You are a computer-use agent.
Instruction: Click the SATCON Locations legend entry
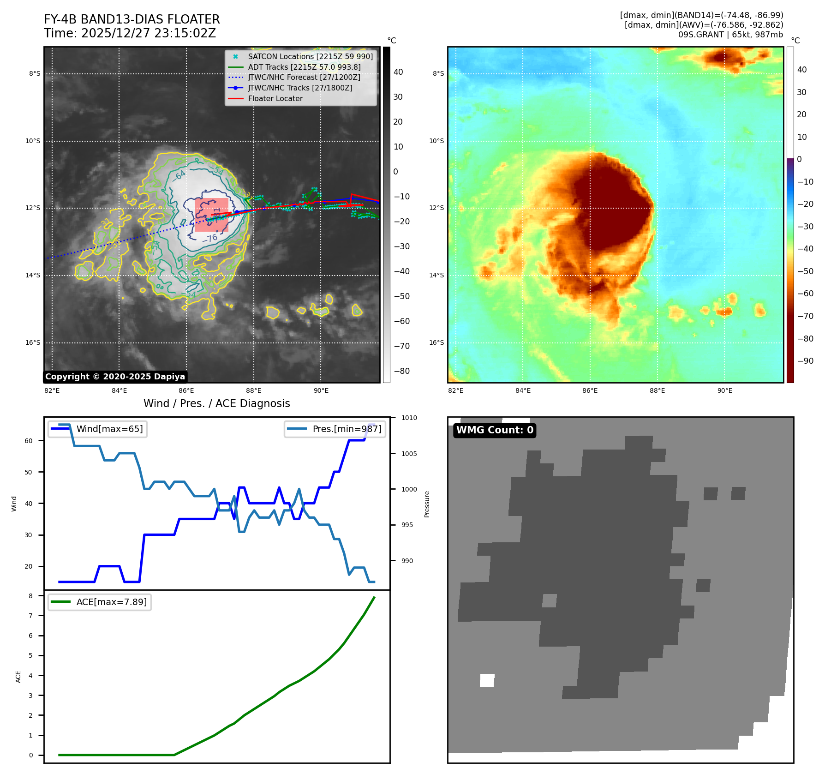point(310,56)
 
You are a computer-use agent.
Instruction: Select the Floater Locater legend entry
point(275,98)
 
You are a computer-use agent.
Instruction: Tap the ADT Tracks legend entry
point(304,67)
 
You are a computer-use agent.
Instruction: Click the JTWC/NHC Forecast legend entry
point(304,77)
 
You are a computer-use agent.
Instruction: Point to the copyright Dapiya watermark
point(115,377)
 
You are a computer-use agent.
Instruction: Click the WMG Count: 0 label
point(495,430)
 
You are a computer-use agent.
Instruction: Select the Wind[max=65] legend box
point(98,429)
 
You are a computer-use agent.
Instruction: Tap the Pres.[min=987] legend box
point(335,429)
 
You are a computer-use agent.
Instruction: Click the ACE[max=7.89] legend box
point(100,602)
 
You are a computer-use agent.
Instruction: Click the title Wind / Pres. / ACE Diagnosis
point(217,403)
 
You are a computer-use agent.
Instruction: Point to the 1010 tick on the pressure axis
point(409,418)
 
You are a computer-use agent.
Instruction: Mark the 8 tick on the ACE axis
point(31,596)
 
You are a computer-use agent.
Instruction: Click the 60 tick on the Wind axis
point(29,441)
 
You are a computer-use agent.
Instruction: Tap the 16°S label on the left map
point(33,342)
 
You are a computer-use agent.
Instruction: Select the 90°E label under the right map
point(724,390)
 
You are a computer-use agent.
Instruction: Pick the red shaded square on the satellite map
point(211,215)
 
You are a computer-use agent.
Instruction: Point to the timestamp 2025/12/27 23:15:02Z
point(149,33)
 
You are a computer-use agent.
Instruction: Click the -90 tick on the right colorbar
point(806,361)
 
